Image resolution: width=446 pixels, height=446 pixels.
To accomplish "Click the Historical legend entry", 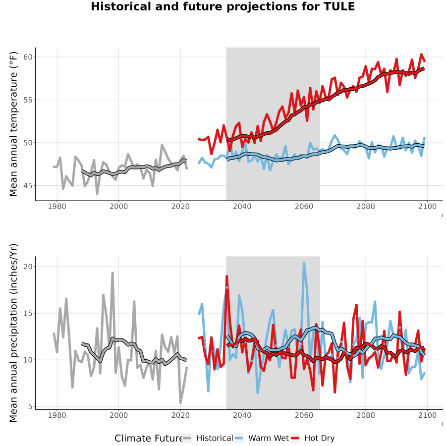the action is (x=208, y=438).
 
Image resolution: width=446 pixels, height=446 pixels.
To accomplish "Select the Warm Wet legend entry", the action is (x=262, y=438).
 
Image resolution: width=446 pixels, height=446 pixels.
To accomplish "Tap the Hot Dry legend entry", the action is (x=313, y=438).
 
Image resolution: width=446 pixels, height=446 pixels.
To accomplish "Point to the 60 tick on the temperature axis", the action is (x=28, y=57).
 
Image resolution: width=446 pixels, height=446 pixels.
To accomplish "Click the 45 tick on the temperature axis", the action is (x=28, y=186).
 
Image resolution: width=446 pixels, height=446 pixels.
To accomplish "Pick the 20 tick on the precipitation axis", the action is (x=28, y=267).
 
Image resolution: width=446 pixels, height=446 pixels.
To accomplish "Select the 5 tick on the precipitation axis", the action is (x=30, y=407).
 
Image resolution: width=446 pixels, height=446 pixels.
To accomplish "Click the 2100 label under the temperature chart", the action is (x=427, y=206).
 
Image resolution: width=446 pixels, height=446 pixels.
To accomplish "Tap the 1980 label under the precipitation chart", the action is (x=57, y=415).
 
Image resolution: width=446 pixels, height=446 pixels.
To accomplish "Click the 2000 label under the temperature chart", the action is (x=118, y=206).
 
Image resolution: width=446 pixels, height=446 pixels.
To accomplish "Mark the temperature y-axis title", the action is (x=13, y=124).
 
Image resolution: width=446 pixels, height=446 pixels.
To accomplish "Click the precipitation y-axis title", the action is (x=13, y=333).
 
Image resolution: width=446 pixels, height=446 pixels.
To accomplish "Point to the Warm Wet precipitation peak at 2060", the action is (x=304, y=264).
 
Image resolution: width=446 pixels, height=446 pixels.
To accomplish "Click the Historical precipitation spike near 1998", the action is (x=112, y=273).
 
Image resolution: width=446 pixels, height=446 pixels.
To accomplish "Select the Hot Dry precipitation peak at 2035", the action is (x=226, y=277).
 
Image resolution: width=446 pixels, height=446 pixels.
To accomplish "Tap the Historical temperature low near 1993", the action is (x=97, y=193).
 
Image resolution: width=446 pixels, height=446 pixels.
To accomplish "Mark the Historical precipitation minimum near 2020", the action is (x=180, y=402).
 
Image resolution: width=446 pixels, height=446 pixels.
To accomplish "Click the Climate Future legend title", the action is (x=149, y=439).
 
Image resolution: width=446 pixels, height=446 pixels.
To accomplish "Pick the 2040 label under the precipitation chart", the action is (x=242, y=415).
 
